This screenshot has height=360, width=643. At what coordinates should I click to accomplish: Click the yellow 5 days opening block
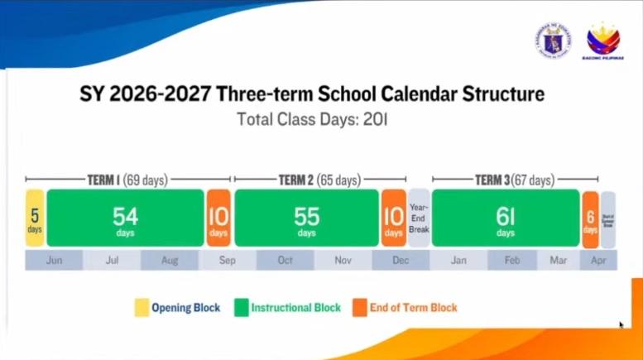point(35,218)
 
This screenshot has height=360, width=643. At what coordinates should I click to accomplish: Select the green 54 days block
point(125,218)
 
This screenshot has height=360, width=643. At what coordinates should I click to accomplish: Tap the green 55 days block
point(306,218)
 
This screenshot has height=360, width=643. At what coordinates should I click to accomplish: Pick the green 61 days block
point(505,218)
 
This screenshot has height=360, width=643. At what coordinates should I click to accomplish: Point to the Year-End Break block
point(419,218)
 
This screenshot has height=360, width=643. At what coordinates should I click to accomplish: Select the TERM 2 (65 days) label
point(319,180)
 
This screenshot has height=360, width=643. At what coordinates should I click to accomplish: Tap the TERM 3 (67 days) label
point(514,180)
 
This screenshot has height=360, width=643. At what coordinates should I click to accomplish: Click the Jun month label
point(55,260)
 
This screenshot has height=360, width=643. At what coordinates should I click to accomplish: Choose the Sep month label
point(227,260)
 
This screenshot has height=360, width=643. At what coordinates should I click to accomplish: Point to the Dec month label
point(401,260)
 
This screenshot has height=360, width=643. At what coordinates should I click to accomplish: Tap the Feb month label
point(512,260)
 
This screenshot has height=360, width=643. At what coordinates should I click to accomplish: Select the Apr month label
point(598,260)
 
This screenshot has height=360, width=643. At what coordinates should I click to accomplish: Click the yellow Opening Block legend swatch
point(142,308)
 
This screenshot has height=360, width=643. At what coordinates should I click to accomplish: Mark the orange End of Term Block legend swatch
point(358,308)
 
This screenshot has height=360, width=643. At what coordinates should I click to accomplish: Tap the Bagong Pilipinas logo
point(603,41)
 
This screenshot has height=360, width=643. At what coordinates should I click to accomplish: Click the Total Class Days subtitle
point(312,118)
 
